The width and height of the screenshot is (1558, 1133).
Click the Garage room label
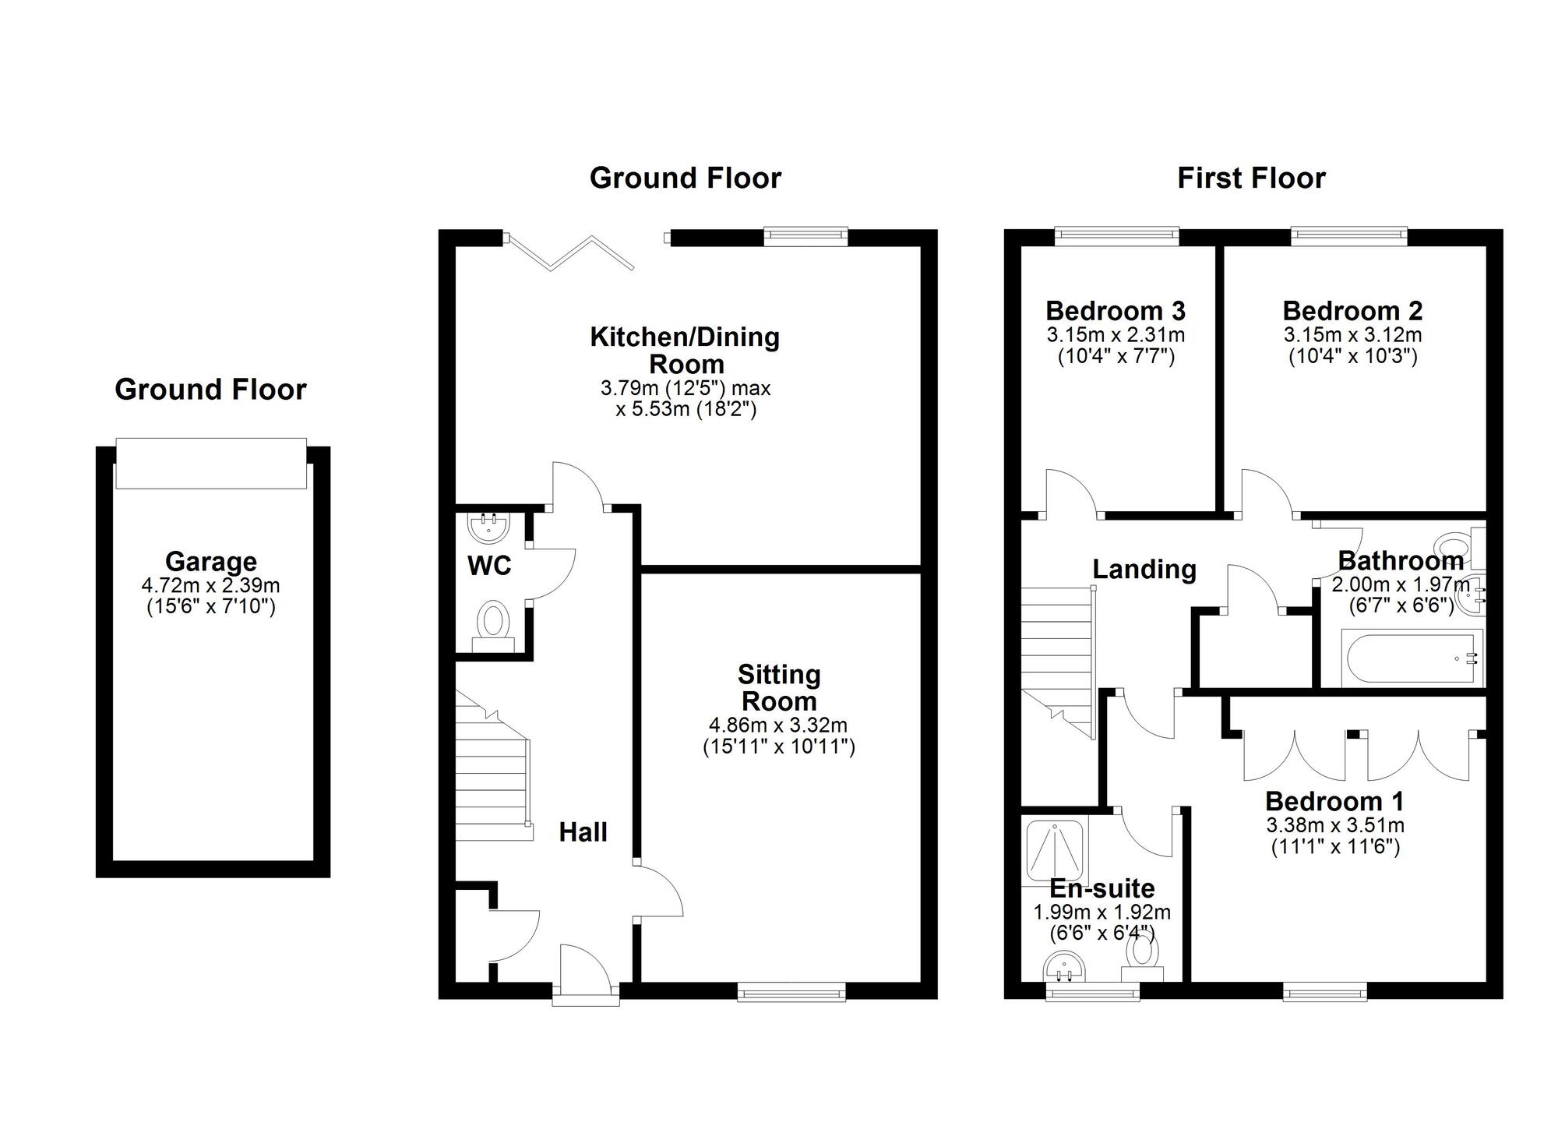(211, 561)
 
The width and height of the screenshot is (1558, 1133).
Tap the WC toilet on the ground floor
(493, 626)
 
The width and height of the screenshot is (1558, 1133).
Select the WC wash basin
(489, 527)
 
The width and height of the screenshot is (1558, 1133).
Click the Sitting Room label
(779, 687)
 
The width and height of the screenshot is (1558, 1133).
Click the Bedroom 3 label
(1116, 311)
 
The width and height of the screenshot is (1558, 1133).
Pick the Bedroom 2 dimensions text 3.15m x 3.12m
(1353, 335)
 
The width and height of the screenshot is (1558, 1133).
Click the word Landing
(1144, 569)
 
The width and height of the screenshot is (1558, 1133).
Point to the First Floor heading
(1251, 178)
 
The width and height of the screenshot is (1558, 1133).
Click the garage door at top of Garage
(211, 463)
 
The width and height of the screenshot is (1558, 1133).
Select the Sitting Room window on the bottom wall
(791, 991)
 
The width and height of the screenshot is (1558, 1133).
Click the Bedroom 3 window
(1117, 236)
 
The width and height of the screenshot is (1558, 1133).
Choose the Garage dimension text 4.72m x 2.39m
(211, 585)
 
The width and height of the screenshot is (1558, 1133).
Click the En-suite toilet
(1143, 959)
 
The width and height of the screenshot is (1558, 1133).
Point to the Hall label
(583, 832)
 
